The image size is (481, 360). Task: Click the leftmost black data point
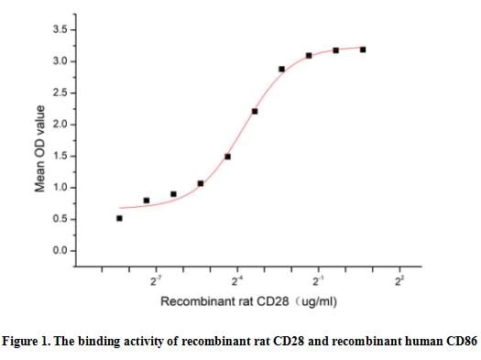click(x=119, y=218)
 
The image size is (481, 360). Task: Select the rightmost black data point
click(x=364, y=49)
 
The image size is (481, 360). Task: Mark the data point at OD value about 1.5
click(x=227, y=157)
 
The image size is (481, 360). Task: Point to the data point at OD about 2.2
click(x=255, y=112)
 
